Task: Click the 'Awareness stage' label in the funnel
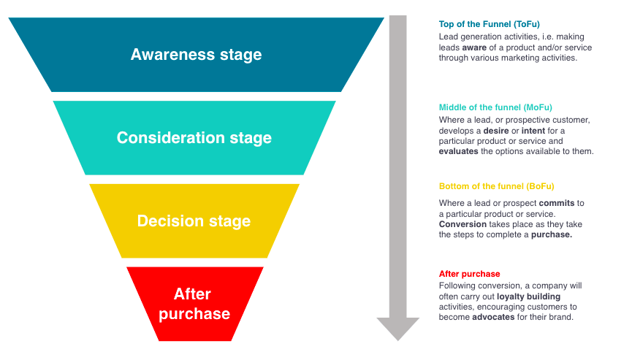(196, 55)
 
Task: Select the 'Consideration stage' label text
(194, 138)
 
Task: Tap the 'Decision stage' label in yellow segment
(194, 221)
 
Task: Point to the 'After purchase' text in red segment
(194, 304)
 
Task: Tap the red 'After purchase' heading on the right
(469, 274)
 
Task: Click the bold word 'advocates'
(493, 318)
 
